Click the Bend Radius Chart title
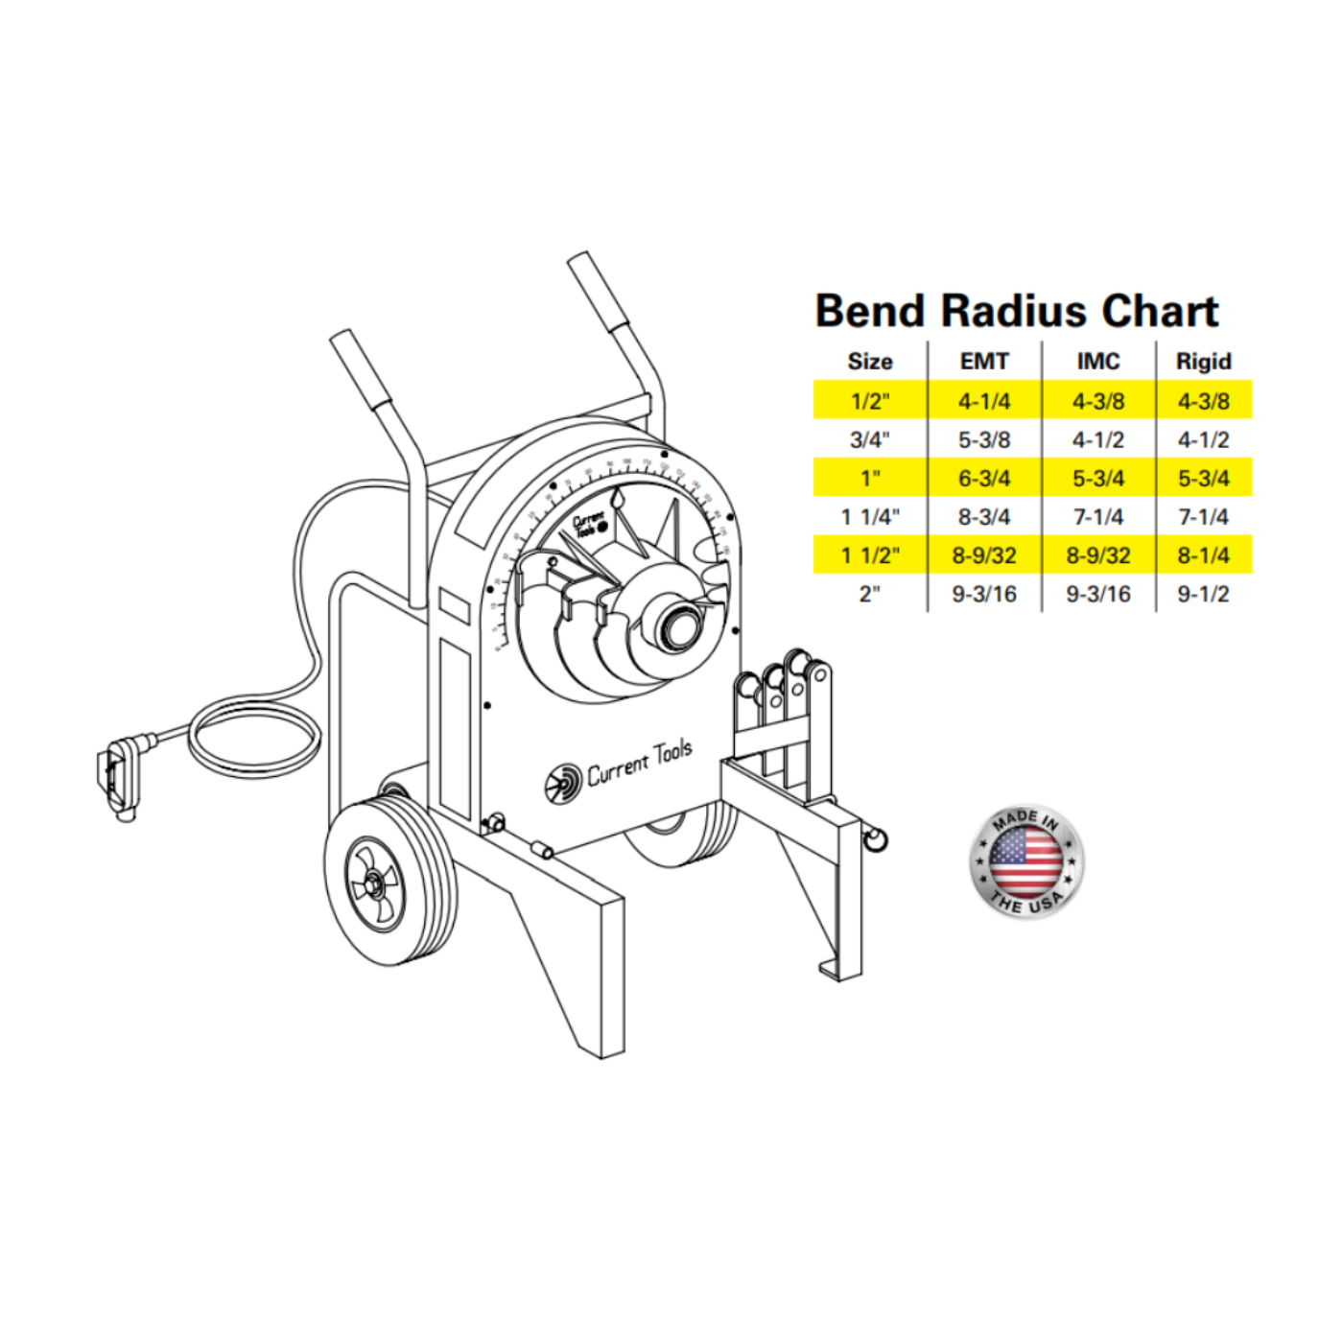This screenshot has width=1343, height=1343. tap(1016, 311)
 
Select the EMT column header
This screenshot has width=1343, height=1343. tap(984, 362)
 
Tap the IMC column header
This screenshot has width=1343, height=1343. tap(1097, 362)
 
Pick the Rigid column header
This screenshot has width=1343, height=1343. tap(1203, 362)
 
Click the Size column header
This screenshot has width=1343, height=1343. tap(869, 362)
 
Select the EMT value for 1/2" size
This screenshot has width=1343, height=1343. tap(984, 401)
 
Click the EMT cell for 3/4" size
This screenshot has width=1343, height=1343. tap(984, 439)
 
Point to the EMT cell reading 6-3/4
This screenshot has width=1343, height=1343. tap(984, 478)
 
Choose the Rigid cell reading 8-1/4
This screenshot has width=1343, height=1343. tap(1203, 554)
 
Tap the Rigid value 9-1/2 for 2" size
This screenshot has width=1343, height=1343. tap(1203, 594)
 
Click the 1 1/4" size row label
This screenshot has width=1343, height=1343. tap(869, 516)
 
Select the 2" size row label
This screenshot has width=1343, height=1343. tap(869, 594)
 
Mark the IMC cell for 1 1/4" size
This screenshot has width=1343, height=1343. tap(1097, 516)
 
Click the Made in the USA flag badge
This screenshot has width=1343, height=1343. tap(1025, 860)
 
